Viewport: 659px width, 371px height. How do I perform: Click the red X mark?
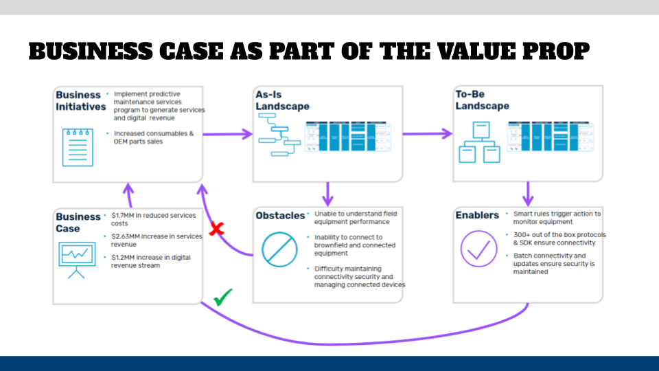point(216,229)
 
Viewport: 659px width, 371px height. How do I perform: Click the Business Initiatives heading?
point(80,100)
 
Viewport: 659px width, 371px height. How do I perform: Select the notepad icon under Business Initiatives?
point(78,147)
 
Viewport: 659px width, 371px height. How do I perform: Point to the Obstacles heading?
point(279,216)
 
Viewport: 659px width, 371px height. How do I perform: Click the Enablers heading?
point(477,216)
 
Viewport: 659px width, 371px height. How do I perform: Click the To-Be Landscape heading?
point(482,100)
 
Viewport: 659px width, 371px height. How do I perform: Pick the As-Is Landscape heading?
point(282,100)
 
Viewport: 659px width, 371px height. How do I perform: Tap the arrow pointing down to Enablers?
point(528,193)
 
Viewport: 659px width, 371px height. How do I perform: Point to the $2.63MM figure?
point(126,236)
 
